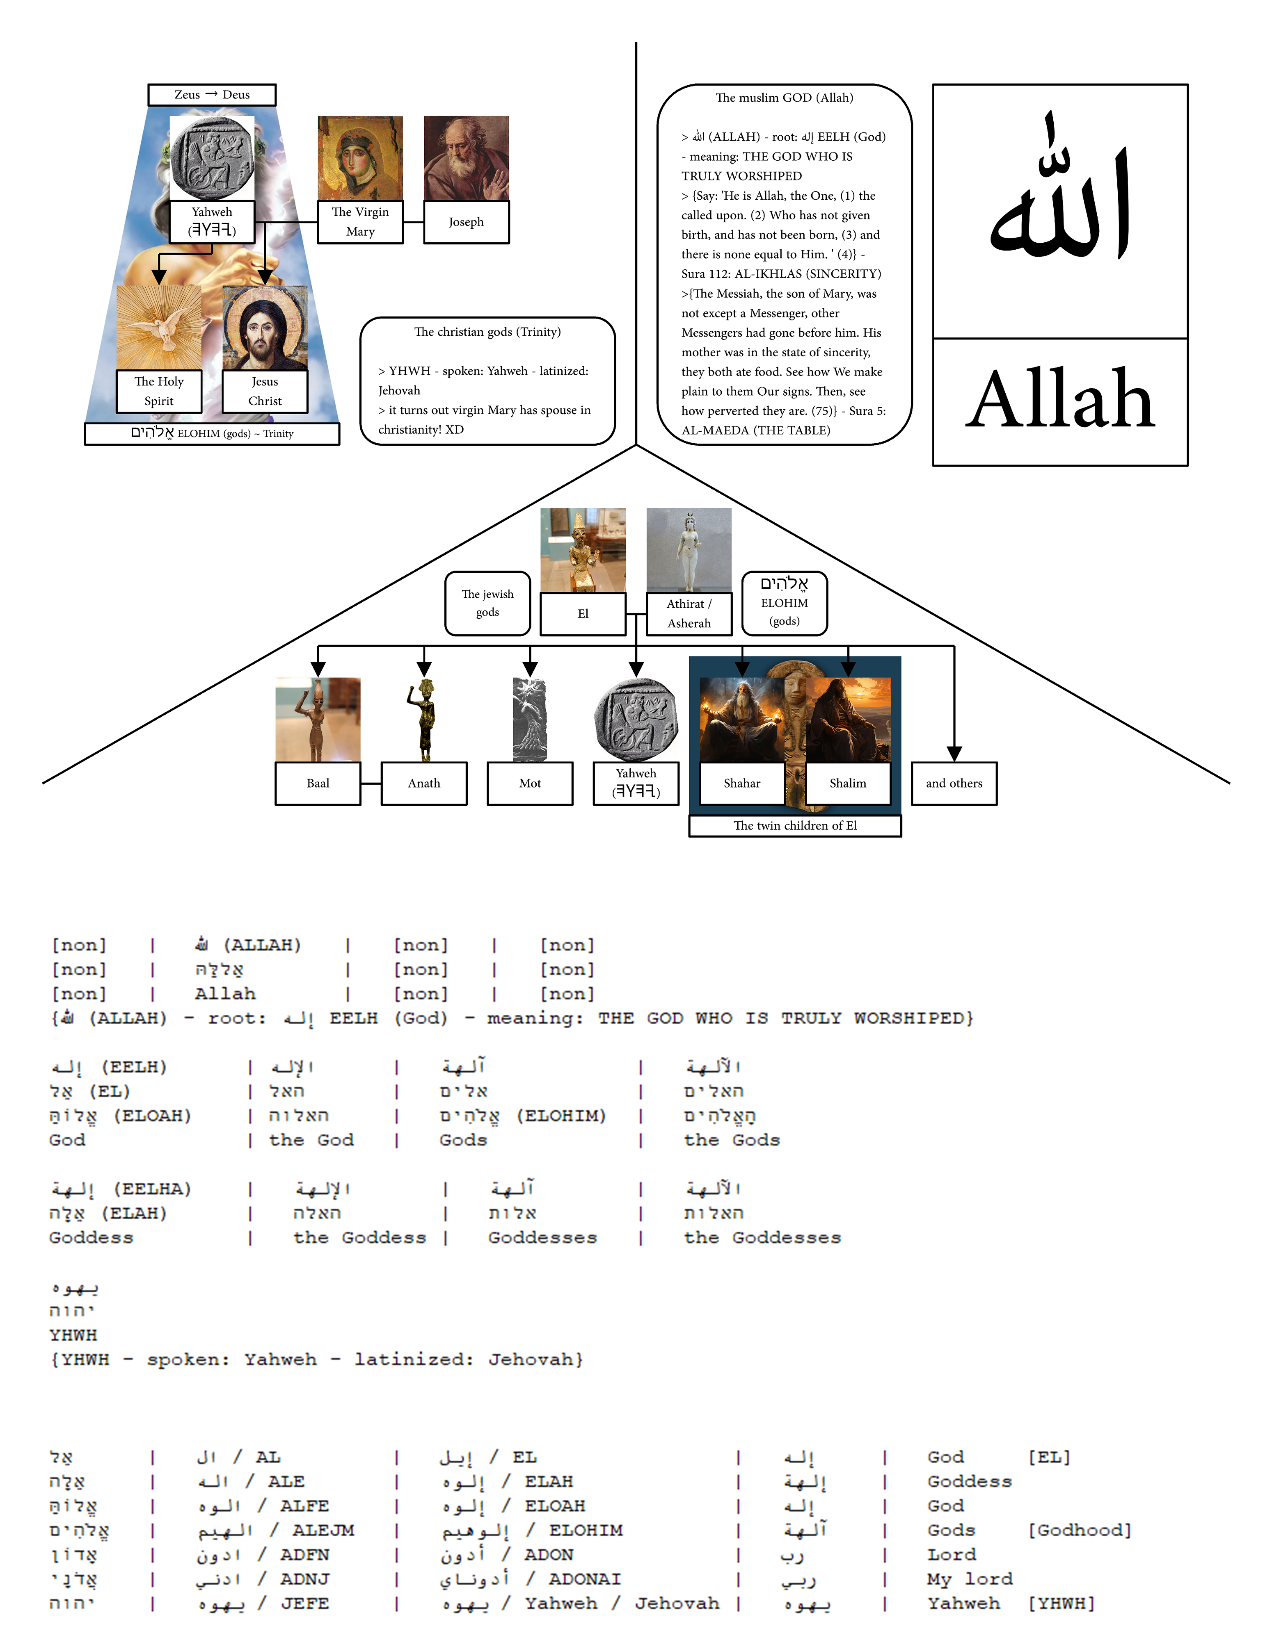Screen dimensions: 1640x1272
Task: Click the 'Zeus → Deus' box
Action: pyautogui.click(x=212, y=95)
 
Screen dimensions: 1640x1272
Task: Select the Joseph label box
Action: pyautogui.click(x=466, y=222)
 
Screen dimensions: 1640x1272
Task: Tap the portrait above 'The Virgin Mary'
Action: pyautogui.click(x=360, y=158)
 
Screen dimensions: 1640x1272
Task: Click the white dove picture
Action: pyautogui.click(x=158, y=328)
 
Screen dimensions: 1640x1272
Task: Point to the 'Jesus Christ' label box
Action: pyautogui.click(x=265, y=391)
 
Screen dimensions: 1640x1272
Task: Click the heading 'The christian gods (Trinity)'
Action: pyautogui.click(x=487, y=332)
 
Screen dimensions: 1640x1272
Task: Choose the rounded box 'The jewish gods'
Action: pyautogui.click(x=487, y=603)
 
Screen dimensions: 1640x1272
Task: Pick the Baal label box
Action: pyautogui.click(x=318, y=783)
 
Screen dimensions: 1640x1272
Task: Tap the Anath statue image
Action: pyautogui.click(x=425, y=720)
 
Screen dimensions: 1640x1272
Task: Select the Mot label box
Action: pyautogui.click(x=530, y=783)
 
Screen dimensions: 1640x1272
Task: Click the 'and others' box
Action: pyautogui.click(x=954, y=783)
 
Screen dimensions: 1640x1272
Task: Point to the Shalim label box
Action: pyautogui.click(x=847, y=783)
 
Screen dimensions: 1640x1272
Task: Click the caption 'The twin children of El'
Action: pyautogui.click(x=795, y=825)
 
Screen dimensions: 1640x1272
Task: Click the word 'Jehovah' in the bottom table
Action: pyautogui.click(x=676, y=1603)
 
